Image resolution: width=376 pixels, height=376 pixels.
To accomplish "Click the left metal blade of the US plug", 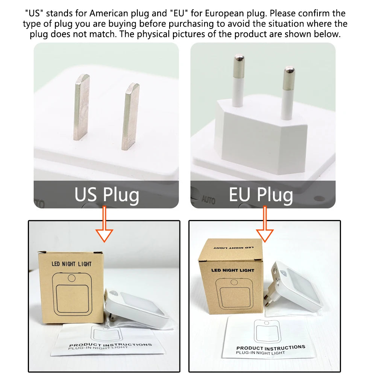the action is click(82, 107).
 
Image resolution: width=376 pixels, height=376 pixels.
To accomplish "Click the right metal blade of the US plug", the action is click(130, 117).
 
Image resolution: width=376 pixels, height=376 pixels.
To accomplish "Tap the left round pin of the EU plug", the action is click(238, 80).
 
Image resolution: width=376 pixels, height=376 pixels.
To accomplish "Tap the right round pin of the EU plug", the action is click(288, 94).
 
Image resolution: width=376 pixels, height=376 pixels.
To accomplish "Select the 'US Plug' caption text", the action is click(107, 195).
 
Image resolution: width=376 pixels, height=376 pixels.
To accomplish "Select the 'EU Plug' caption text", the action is click(261, 195).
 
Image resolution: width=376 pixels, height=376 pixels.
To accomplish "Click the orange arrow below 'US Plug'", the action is click(104, 224).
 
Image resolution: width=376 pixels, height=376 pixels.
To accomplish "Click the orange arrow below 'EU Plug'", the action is click(265, 224).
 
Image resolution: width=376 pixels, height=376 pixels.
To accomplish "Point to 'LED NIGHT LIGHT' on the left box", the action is click(71, 264).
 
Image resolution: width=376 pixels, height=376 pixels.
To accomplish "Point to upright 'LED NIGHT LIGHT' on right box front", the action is click(233, 270).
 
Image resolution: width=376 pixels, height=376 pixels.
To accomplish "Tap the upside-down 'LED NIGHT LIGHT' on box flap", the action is click(233, 248).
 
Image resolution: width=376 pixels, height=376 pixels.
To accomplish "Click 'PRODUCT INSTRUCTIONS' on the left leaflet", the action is click(111, 344).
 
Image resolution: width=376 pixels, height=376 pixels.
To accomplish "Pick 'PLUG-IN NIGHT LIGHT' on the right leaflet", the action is click(261, 353).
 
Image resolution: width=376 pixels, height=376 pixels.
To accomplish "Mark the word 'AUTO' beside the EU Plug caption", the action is click(208, 200).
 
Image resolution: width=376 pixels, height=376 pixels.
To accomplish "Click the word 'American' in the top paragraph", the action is click(109, 13).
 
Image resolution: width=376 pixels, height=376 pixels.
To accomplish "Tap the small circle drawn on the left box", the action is click(72, 278).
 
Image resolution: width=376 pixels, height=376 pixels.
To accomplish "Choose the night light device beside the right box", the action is click(293, 287).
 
